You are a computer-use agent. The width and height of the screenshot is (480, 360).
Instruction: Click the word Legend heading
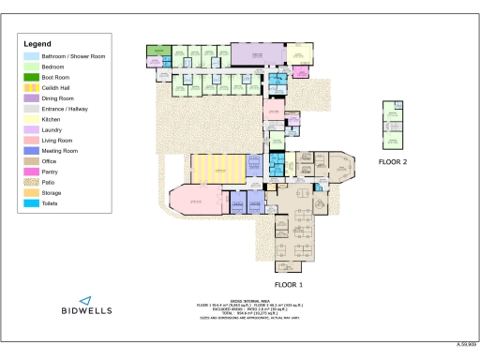(37, 44)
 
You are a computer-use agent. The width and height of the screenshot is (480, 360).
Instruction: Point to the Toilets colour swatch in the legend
(30, 202)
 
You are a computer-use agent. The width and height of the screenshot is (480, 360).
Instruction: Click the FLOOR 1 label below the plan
(289, 283)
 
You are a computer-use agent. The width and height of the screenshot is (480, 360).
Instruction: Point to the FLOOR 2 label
(393, 161)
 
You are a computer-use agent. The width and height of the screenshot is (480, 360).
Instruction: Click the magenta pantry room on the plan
(275, 113)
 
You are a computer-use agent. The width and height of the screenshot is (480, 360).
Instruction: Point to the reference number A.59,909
(466, 346)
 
